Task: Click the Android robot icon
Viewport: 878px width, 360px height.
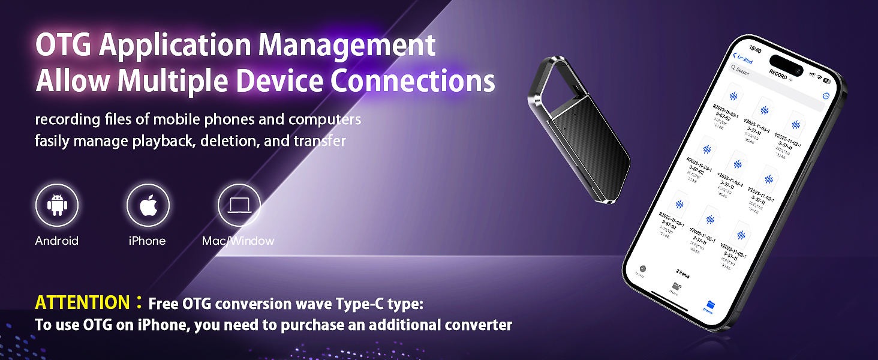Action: [57, 205]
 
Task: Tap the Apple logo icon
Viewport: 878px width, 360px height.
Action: [148, 205]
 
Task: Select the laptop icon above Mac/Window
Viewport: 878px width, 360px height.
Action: [239, 205]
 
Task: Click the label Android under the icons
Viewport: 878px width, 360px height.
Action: [57, 241]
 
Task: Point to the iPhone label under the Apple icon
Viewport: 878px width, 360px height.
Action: [147, 241]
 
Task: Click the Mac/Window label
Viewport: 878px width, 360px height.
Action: [238, 241]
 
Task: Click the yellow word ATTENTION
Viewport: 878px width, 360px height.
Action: [82, 302]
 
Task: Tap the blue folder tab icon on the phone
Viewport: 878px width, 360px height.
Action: [710, 304]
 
